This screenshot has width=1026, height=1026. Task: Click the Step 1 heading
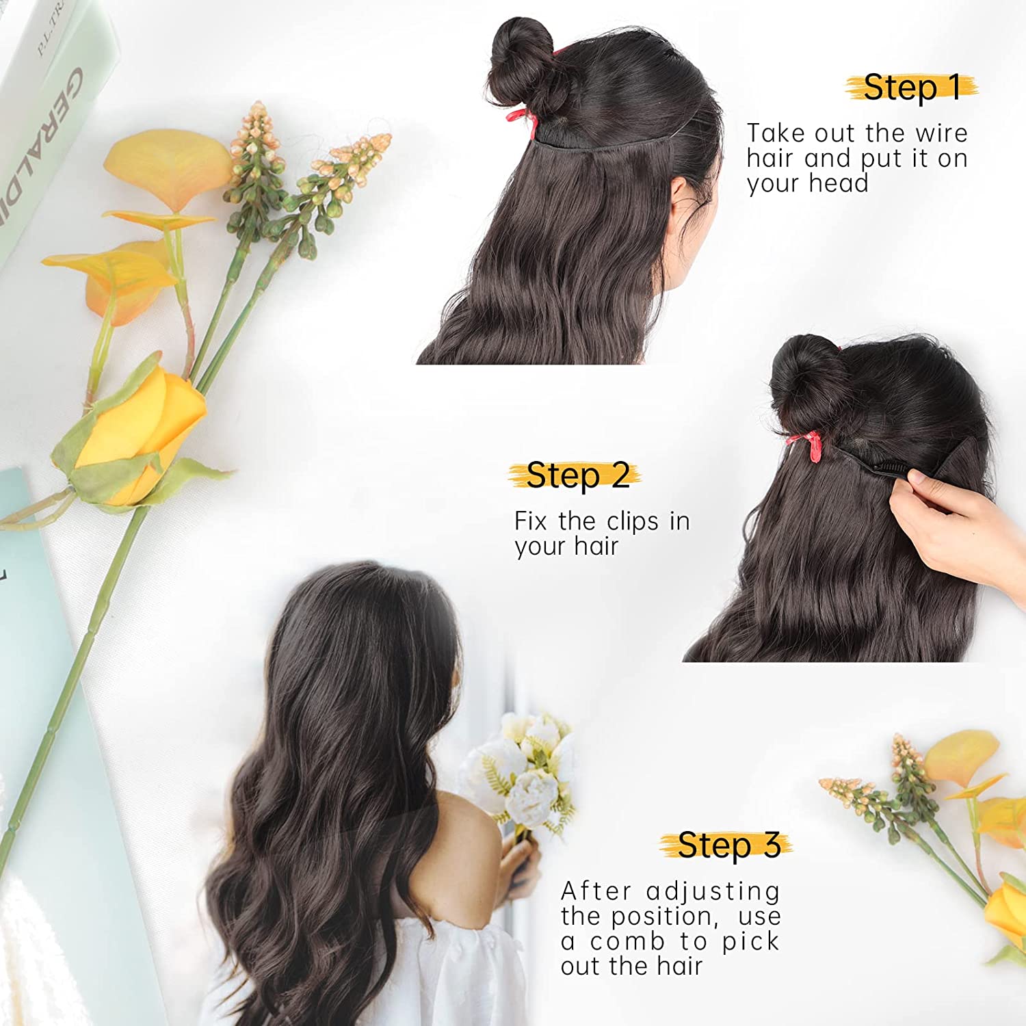pyautogui.click(x=912, y=88)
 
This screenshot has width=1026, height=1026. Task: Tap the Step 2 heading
pyautogui.click(x=578, y=475)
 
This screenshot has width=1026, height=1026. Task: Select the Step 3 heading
pyautogui.click(x=729, y=845)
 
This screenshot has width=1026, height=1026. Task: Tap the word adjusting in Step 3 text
pyautogui.click(x=713, y=893)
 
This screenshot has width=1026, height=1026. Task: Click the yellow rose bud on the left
pyautogui.click(x=140, y=438)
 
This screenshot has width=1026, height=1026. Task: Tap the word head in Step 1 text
pyautogui.click(x=838, y=183)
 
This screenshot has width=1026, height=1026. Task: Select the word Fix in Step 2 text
pyautogui.click(x=531, y=521)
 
